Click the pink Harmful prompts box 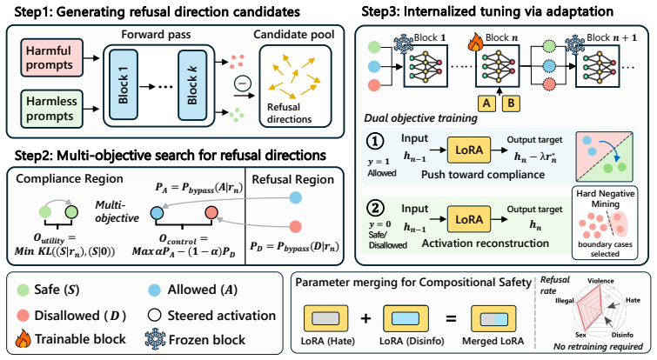(52, 57)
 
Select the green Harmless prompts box (52, 109)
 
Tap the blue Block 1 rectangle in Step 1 (124, 85)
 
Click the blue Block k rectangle (192, 85)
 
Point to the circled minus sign (243, 83)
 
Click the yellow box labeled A (486, 103)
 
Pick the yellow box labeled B (511, 103)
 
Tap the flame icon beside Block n (476, 43)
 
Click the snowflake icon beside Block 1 (404, 44)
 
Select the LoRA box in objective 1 (469, 150)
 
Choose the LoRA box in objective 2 (469, 219)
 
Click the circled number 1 (375, 142)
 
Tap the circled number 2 (375, 209)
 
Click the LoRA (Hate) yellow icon (326, 318)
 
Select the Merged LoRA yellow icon (493, 318)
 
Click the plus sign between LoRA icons (365, 318)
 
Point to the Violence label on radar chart (600, 281)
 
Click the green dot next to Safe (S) (23, 290)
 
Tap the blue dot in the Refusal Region (295, 197)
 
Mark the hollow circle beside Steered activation (155, 315)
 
